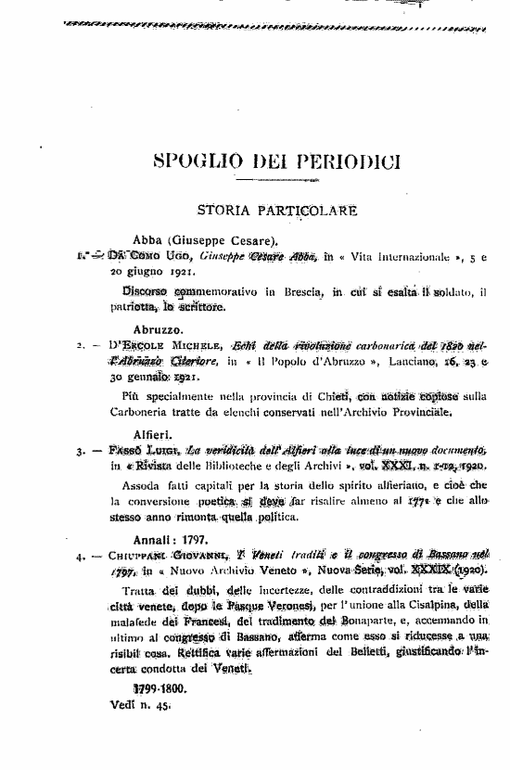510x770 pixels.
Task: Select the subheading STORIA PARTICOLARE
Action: (x=277, y=211)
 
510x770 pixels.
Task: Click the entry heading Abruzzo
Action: (x=159, y=327)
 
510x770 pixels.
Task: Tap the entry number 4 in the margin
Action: (x=82, y=559)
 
